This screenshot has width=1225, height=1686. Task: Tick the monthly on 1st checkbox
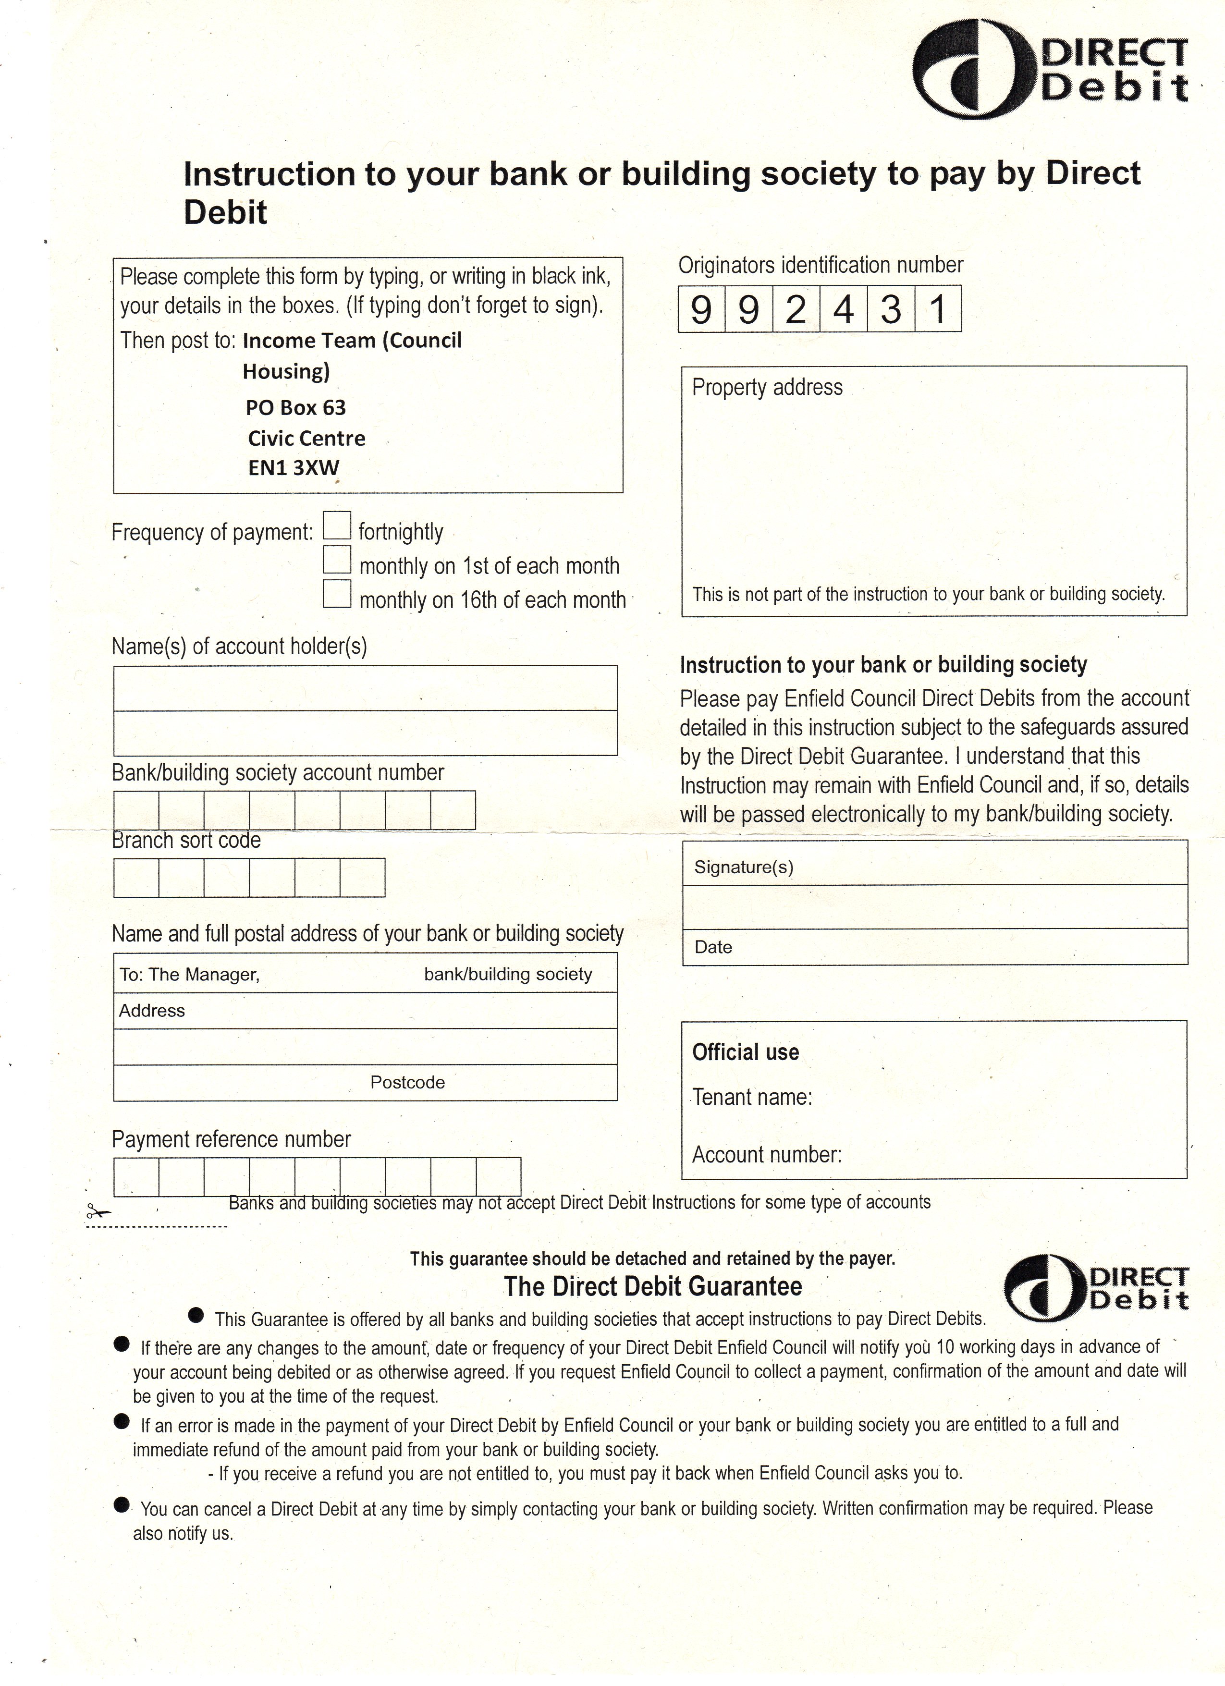[x=337, y=559]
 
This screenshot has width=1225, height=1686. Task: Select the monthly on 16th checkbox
[x=337, y=594]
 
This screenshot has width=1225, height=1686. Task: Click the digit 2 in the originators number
[x=796, y=308]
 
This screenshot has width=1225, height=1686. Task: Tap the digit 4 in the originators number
[x=843, y=308]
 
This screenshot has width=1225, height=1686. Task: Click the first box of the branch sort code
[x=136, y=878]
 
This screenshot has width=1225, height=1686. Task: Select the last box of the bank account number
[x=453, y=809]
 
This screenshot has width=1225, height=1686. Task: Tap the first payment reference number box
[x=136, y=1177]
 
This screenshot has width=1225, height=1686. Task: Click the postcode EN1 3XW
[x=294, y=467]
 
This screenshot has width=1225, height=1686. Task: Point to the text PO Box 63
[x=296, y=407]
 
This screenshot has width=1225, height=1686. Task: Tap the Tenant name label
[x=751, y=1098]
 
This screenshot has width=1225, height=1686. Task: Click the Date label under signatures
[x=713, y=947]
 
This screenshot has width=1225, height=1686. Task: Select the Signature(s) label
[x=743, y=867]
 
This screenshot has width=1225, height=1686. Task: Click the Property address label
[x=767, y=387]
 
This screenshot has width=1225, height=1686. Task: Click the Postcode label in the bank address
[x=407, y=1082]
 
